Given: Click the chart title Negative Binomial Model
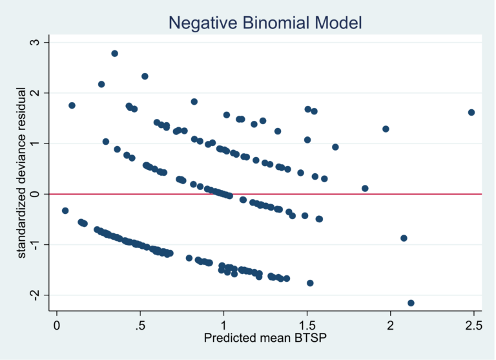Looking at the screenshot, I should click(x=265, y=23).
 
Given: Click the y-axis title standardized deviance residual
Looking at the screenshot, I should click(x=22, y=174).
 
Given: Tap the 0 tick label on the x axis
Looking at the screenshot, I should click(x=57, y=324).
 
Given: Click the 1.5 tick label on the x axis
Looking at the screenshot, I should click(x=307, y=324).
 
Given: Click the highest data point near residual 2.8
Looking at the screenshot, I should click(x=114, y=54).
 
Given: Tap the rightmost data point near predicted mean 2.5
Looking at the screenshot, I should click(x=471, y=112).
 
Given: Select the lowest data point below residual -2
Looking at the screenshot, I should click(x=411, y=303).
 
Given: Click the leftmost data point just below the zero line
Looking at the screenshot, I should click(x=65, y=211).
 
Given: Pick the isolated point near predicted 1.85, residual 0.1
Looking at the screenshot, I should click(x=365, y=189).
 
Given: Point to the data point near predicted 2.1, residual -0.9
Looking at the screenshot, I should click(x=404, y=238).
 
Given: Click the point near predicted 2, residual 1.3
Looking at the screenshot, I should click(x=386, y=129).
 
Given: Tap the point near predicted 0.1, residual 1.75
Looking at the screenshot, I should click(x=72, y=105).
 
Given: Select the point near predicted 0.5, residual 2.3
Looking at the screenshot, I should click(x=145, y=76).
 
